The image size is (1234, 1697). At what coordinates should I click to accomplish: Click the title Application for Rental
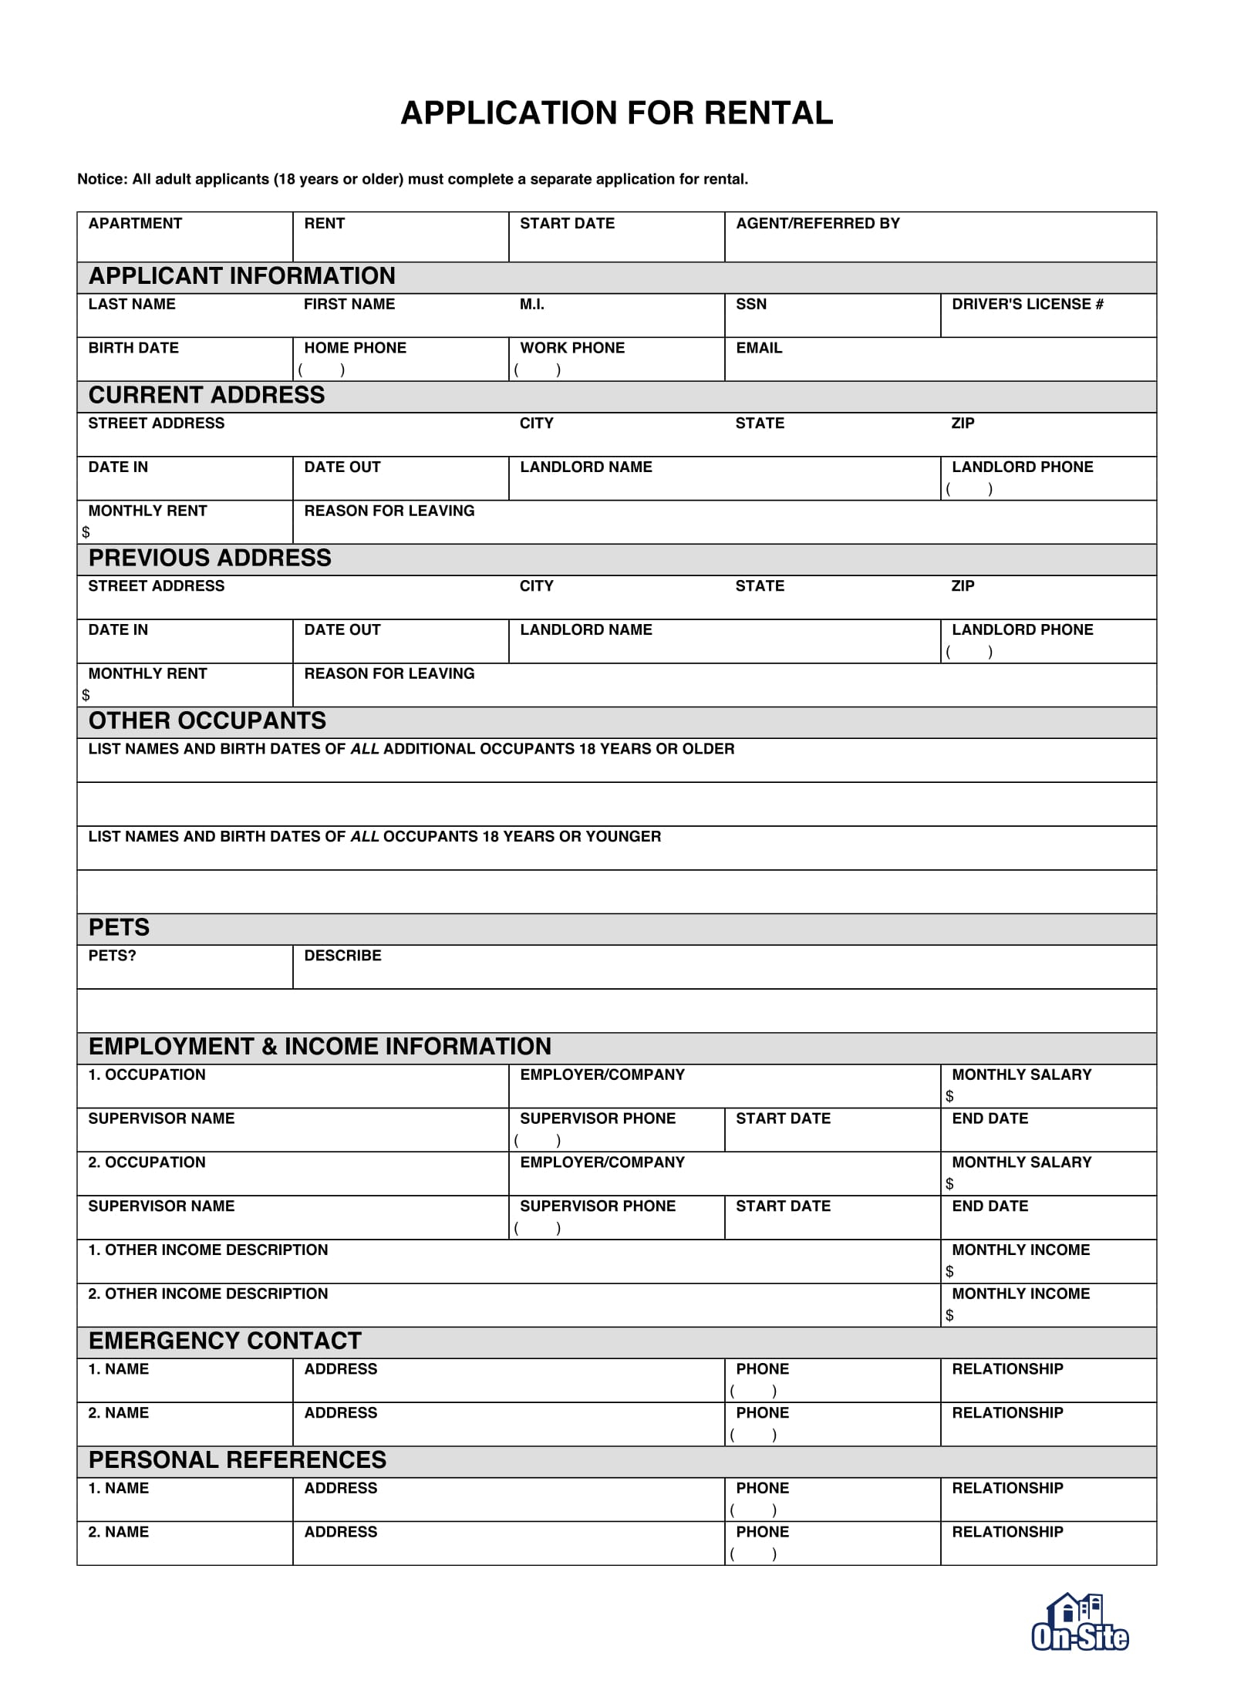[x=616, y=113]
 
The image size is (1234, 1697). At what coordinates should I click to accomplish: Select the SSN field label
[x=750, y=305]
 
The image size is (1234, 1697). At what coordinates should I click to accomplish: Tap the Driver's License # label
[x=1027, y=305]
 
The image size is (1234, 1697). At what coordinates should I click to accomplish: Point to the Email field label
[x=758, y=349]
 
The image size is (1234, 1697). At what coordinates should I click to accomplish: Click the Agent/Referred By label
[x=818, y=224]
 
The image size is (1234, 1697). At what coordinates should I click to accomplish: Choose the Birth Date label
[x=133, y=349]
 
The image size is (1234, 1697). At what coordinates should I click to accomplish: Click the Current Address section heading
[x=207, y=396]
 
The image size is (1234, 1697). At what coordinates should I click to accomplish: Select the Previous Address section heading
[x=210, y=558]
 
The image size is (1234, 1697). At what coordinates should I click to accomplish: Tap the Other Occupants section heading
[x=207, y=721]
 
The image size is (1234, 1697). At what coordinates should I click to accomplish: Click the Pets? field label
[x=112, y=956]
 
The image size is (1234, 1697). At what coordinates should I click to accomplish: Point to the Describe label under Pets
[x=342, y=956]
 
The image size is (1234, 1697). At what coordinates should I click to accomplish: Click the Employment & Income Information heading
[x=320, y=1047]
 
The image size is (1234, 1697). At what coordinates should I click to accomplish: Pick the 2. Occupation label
[x=147, y=1163]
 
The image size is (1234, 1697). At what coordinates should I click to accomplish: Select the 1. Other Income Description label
[x=207, y=1250]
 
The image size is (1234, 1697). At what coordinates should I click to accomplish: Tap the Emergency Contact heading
[x=225, y=1341]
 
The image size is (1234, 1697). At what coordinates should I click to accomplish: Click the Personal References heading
[x=238, y=1460]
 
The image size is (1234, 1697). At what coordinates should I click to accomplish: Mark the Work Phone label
[x=572, y=349]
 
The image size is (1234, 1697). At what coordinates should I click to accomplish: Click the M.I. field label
[x=531, y=305]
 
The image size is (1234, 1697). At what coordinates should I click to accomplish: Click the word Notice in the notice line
[x=102, y=180]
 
